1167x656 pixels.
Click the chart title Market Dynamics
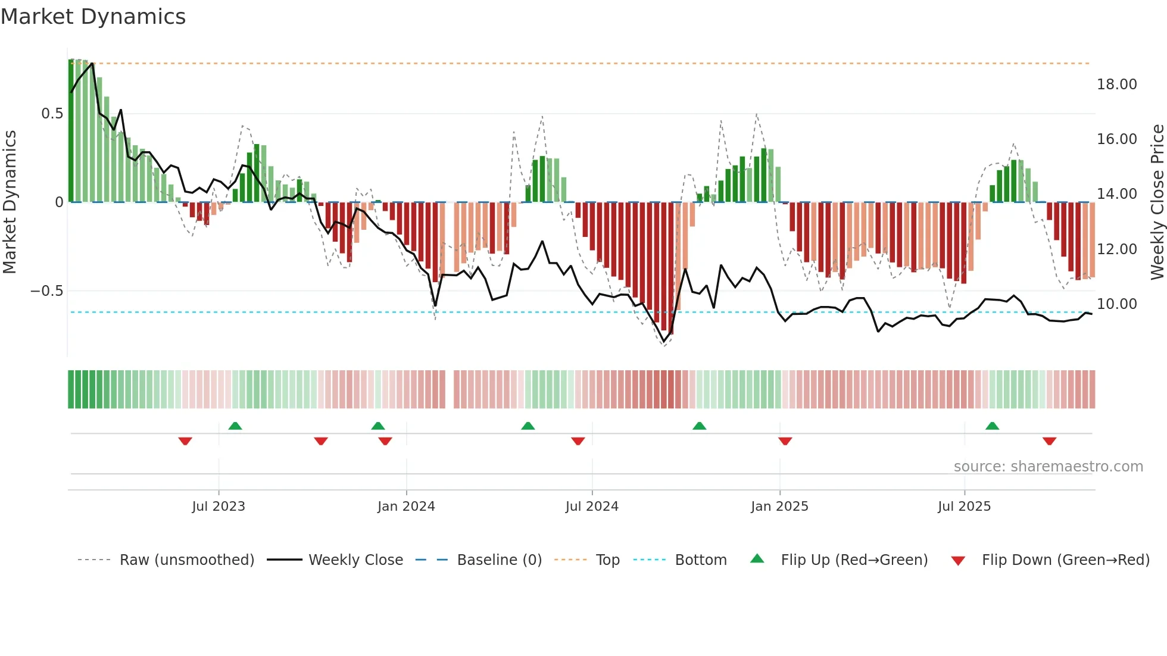(x=93, y=17)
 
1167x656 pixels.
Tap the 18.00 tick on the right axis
(x=1116, y=85)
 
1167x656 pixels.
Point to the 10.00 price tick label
(x=1116, y=304)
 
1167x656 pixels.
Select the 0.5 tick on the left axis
(x=52, y=114)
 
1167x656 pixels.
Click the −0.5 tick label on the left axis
(x=46, y=291)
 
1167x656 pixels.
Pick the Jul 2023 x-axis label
(x=219, y=507)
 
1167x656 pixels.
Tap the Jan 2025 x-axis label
(x=779, y=507)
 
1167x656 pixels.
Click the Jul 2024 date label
(x=592, y=507)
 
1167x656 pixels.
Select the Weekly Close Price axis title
(x=1157, y=202)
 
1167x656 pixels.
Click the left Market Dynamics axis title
(x=10, y=202)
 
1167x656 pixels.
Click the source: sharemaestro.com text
(x=1048, y=467)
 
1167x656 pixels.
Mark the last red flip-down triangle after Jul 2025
(x=1049, y=441)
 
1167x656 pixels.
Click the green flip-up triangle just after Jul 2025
(x=992, y=426)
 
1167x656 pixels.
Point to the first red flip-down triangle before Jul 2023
(x=185, y=441)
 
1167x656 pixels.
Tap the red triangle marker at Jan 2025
(x=785, y=441)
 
